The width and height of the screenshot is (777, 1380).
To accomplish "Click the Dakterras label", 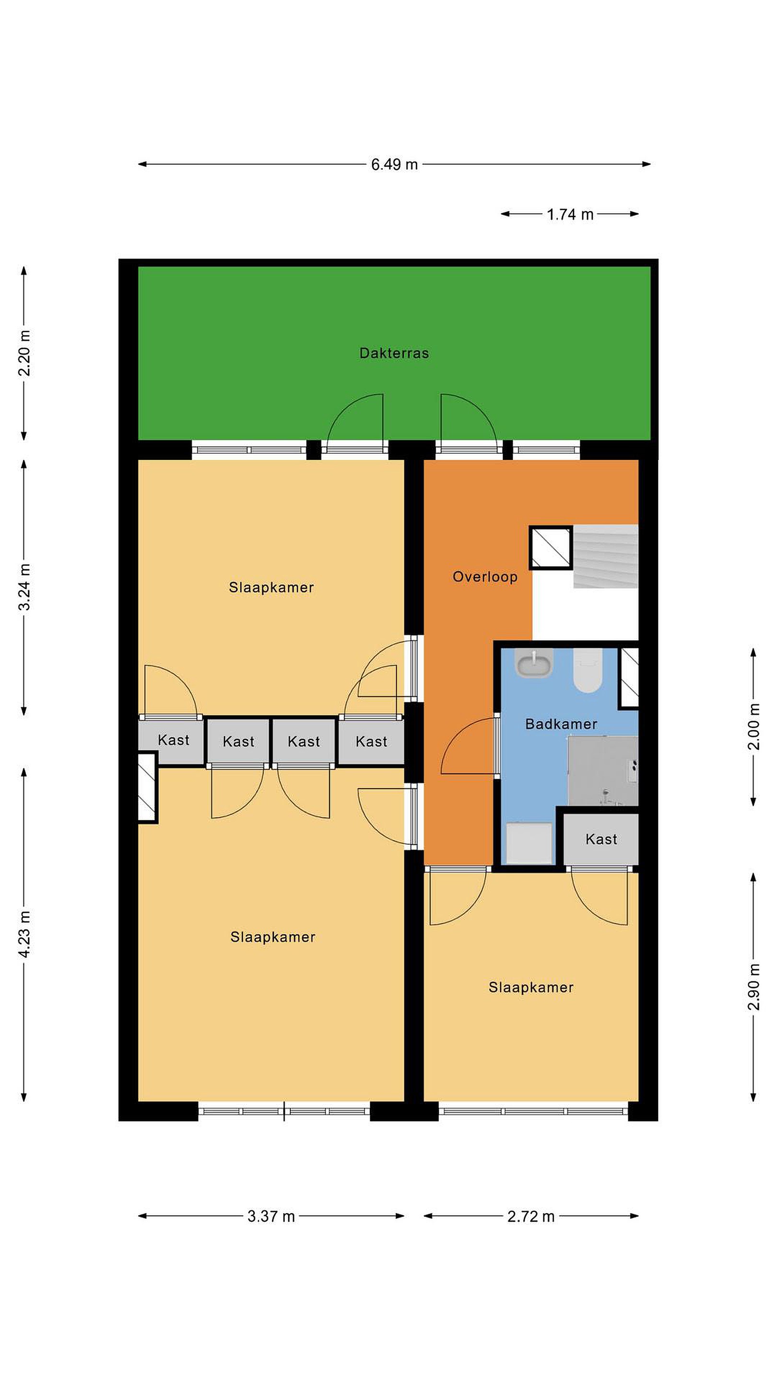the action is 394,353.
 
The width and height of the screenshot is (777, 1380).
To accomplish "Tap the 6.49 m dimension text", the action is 394,164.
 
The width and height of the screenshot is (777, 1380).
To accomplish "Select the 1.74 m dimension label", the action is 570,214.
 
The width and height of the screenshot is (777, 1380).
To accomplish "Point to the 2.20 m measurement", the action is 24,353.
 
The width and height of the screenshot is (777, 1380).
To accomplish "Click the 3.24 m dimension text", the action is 24,587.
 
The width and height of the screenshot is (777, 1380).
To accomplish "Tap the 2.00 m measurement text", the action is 754,726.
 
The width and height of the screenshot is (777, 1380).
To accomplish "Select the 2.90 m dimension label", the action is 754,986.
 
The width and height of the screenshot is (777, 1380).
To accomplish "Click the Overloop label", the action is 485,577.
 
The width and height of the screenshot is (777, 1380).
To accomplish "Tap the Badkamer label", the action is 561,724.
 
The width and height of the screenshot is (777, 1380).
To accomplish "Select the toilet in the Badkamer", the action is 588,670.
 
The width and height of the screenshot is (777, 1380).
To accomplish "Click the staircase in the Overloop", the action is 606,556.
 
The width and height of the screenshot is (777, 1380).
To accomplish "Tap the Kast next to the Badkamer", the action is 601,839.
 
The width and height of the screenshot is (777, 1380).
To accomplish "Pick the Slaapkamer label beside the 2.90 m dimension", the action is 531,987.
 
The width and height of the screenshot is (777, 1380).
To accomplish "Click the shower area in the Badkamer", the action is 603,770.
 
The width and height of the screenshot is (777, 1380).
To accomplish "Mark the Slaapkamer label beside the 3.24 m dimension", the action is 271,587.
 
